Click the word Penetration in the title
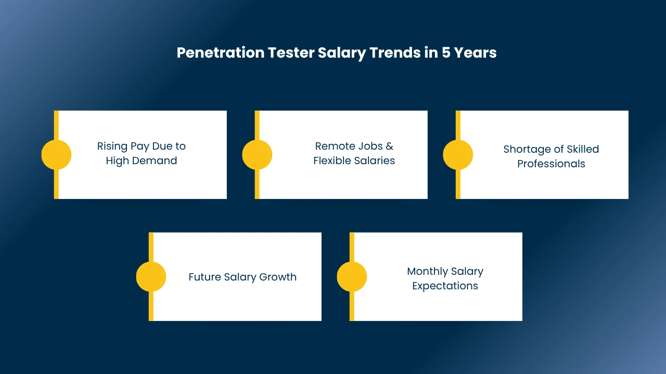coord(220,52)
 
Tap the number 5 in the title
coord(446,52)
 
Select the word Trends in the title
coord(395,52)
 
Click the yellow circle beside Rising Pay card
coord(56,155)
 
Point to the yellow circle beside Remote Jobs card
coord(257,155)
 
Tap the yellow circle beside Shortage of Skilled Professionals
coord(458,155)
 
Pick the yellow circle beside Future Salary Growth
coord(151,277)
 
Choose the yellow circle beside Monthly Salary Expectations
coord(352,277)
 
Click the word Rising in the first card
coord(112,146)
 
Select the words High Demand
coord(142,161)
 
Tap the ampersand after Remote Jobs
coord(390,146)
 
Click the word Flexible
coord(332,161)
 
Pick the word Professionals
coord(551,164)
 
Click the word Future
coord(205,277)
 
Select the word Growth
coord(278,277)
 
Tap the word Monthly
coord(427,272)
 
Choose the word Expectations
coord(445,286)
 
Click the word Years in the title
coord(475,52)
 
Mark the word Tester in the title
coord(291,52)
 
